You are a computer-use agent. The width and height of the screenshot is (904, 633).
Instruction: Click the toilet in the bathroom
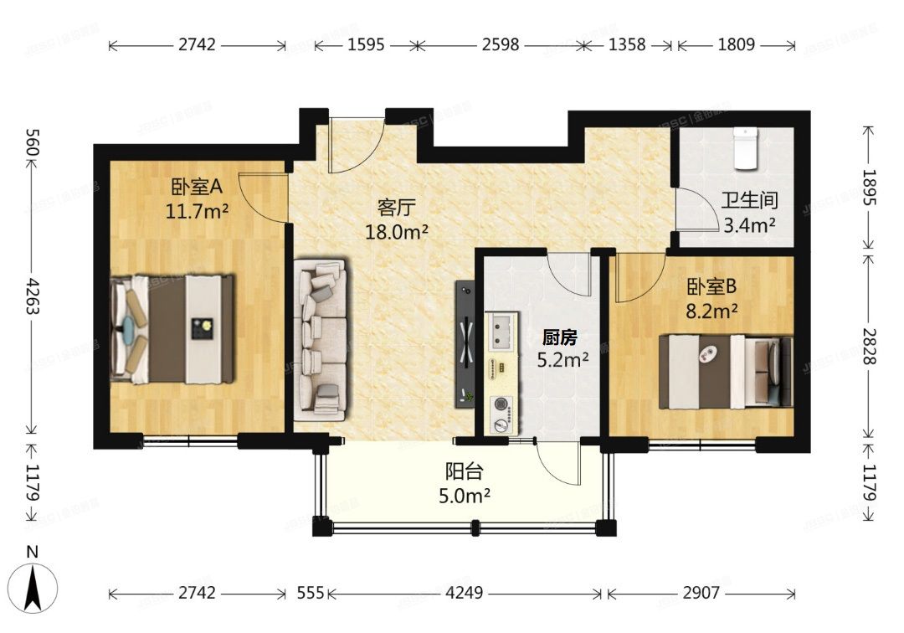[x=745, y=148]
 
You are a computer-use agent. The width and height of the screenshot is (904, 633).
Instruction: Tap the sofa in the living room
[x=321, y=339]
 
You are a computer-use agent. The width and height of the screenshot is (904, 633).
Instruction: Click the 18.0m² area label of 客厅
[x=397, y=231]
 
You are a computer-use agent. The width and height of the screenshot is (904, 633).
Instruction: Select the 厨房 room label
[x=560, y=337]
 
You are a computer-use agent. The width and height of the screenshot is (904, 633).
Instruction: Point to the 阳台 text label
[x=465, y=473]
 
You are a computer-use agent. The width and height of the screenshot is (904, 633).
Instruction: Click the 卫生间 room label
[x=750, y=202]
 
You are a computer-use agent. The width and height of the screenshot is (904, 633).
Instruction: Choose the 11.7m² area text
[x=198, y=210]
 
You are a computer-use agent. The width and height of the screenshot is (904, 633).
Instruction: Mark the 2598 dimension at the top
[x=500, y=44]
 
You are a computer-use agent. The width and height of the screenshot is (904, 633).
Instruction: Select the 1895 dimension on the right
[x=870, y=188]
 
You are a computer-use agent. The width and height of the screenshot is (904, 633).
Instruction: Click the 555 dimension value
[x=311, y=593]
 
